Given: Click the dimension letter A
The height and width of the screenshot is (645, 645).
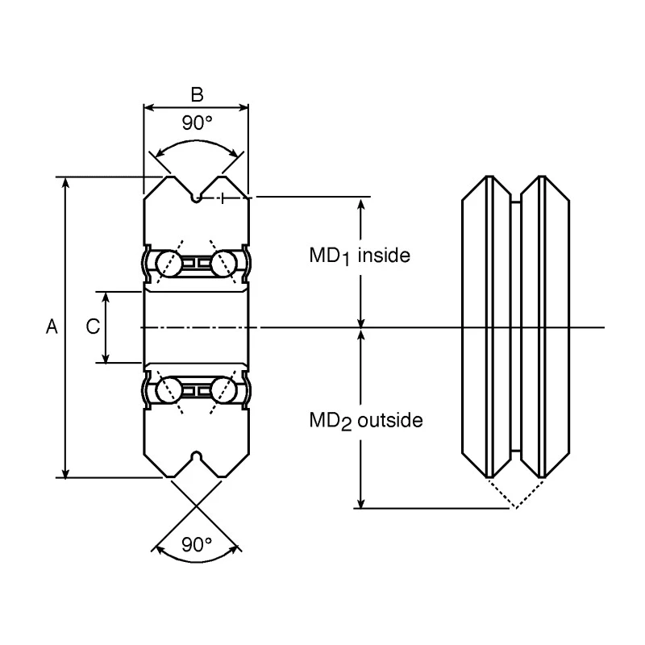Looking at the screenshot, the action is click(x=52, y=327).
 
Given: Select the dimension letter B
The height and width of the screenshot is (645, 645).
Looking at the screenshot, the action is click(x=197, y=94).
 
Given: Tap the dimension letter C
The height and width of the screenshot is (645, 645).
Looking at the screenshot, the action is click(x=93, y=327).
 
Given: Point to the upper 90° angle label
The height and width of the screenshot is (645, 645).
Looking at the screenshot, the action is click(x=197, y=123).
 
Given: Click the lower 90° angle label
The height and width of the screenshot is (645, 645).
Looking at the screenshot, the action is click(x=197, y=545).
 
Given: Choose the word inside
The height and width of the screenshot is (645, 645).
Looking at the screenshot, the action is click(x=385, y=256).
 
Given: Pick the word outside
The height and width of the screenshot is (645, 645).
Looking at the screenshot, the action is click(x=390, y=420).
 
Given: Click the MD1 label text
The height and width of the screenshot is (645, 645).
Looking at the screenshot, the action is click(x=330, y=256).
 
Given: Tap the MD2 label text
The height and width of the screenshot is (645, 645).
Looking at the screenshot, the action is click(x=331, y=421).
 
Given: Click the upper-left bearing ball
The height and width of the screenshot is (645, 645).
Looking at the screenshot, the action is click(x=169, y=263).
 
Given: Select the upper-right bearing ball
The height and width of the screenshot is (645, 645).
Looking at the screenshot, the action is click(x=224, y=263).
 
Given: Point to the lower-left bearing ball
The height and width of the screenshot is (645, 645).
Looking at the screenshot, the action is click(x=169, y=390).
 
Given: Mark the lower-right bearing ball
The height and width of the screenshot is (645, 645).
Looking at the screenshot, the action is click(x=224, y=390).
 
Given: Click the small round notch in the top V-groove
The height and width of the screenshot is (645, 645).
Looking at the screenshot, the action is click(x=197, y=198).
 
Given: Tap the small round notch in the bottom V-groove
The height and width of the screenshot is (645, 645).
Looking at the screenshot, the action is click(x=197, y=456).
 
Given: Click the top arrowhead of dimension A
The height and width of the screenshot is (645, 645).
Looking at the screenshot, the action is click(x=65, y=183).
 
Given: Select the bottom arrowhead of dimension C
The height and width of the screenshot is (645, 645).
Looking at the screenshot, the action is click(x=106, y=358).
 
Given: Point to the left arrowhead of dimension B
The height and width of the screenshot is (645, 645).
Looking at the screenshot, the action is click(x=149, y=108).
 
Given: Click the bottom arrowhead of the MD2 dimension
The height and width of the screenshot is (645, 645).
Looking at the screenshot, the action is click(x=360, y=503).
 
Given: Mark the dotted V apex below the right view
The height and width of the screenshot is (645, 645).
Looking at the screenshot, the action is click(x=516, y=509).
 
